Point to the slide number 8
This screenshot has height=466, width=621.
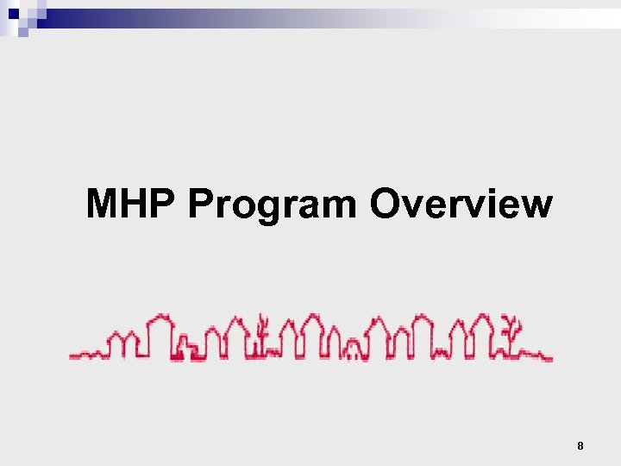point(580,446)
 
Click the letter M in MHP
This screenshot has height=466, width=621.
point(104,205)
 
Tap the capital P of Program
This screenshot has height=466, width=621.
point(200,205)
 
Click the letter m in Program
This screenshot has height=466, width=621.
point(341,207)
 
